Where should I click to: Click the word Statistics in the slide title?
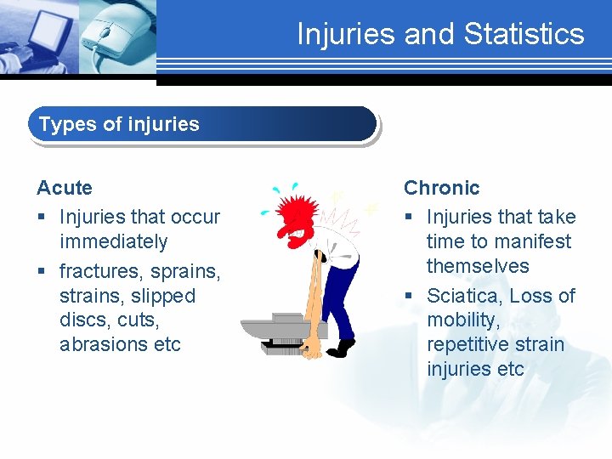coord(524,34)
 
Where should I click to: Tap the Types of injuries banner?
coord(202,124)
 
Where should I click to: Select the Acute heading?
coord(65,187)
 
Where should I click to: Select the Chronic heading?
coord(441,187)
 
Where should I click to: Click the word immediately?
coord(113,241)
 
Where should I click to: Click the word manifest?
coord(535,241)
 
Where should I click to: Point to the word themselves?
coord(478,266)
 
